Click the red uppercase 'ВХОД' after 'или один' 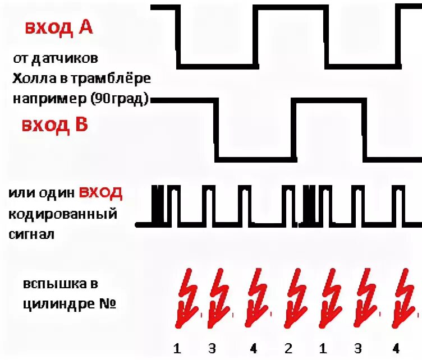[x=100, y=193]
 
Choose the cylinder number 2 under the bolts [x=288, y=349]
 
